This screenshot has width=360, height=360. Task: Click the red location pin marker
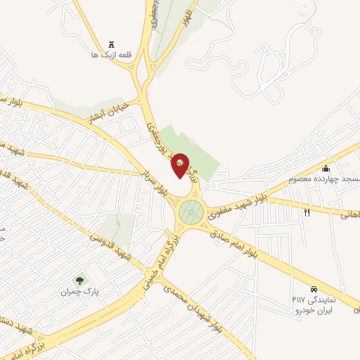181,165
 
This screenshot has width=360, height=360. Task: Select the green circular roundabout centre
190,210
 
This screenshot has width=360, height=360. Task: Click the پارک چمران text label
77,290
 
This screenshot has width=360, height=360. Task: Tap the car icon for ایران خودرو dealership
314,288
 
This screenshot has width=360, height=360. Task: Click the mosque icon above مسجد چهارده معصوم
326,168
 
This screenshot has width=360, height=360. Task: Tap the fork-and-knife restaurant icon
307,211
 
